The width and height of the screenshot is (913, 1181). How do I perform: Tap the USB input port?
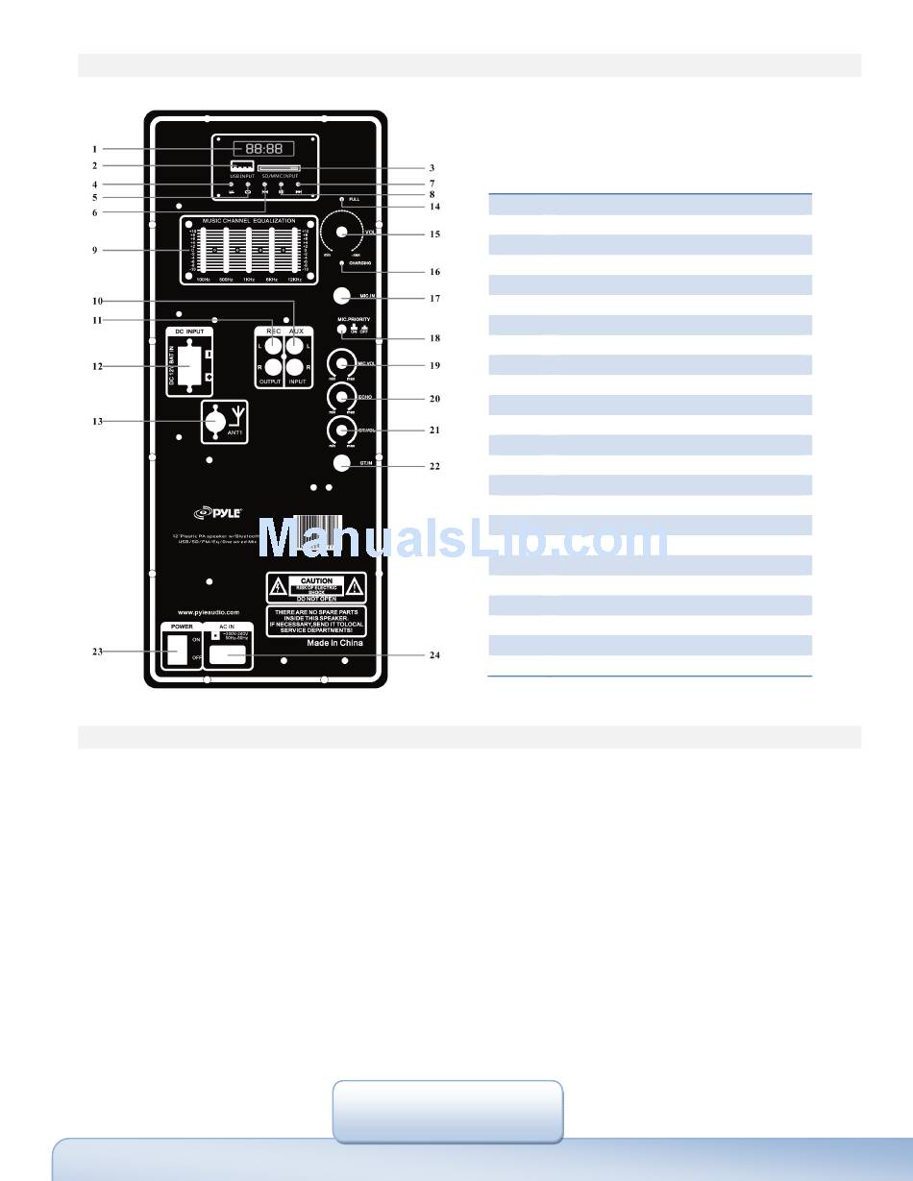pyautogui.click(x=240, y=166)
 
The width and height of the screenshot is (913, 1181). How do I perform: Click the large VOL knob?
pyautogui.click(x=340, y=232)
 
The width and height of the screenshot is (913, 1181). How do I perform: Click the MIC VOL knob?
pyautogui.click(x=338, y=365)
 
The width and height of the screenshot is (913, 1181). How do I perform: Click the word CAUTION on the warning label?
pyautogui.click(x=316, y=580)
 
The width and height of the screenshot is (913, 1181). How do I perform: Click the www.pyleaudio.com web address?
pyautogui.click(x=208, y=611)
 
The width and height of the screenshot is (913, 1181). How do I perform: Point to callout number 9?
pyautogui.click(x=94, y=250)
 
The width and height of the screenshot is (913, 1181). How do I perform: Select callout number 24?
pyautogui.click(x=435, y=655)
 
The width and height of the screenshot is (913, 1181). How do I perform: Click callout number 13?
pyautogui.click(x=94, y=420)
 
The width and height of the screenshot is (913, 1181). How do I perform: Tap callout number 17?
pyautogui.click(x=435, y=298)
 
